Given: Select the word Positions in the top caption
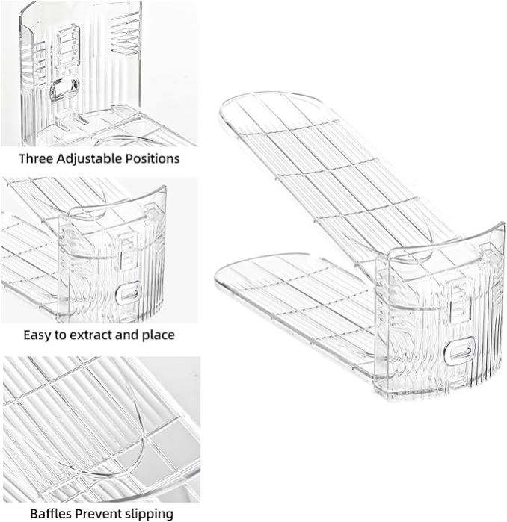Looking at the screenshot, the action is pos(153,158).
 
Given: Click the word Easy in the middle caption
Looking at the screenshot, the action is pos(37,335).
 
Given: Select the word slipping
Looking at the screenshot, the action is pos(150,513).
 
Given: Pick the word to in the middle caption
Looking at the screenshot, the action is pos(61,335).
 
